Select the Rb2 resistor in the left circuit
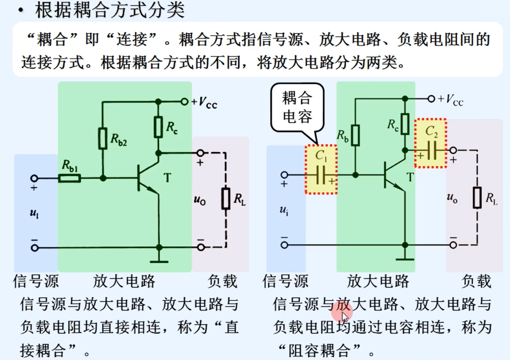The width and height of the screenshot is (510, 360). tap(103, 138)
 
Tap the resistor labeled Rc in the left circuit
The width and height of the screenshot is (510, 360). tap(158, 127)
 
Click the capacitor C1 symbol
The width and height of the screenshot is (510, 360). tap(322, 175)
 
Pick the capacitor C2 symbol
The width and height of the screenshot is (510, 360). tap(430, 150)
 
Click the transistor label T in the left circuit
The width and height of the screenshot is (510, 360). tap(168, 177)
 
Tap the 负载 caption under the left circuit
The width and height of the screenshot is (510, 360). tap(222, 281)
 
